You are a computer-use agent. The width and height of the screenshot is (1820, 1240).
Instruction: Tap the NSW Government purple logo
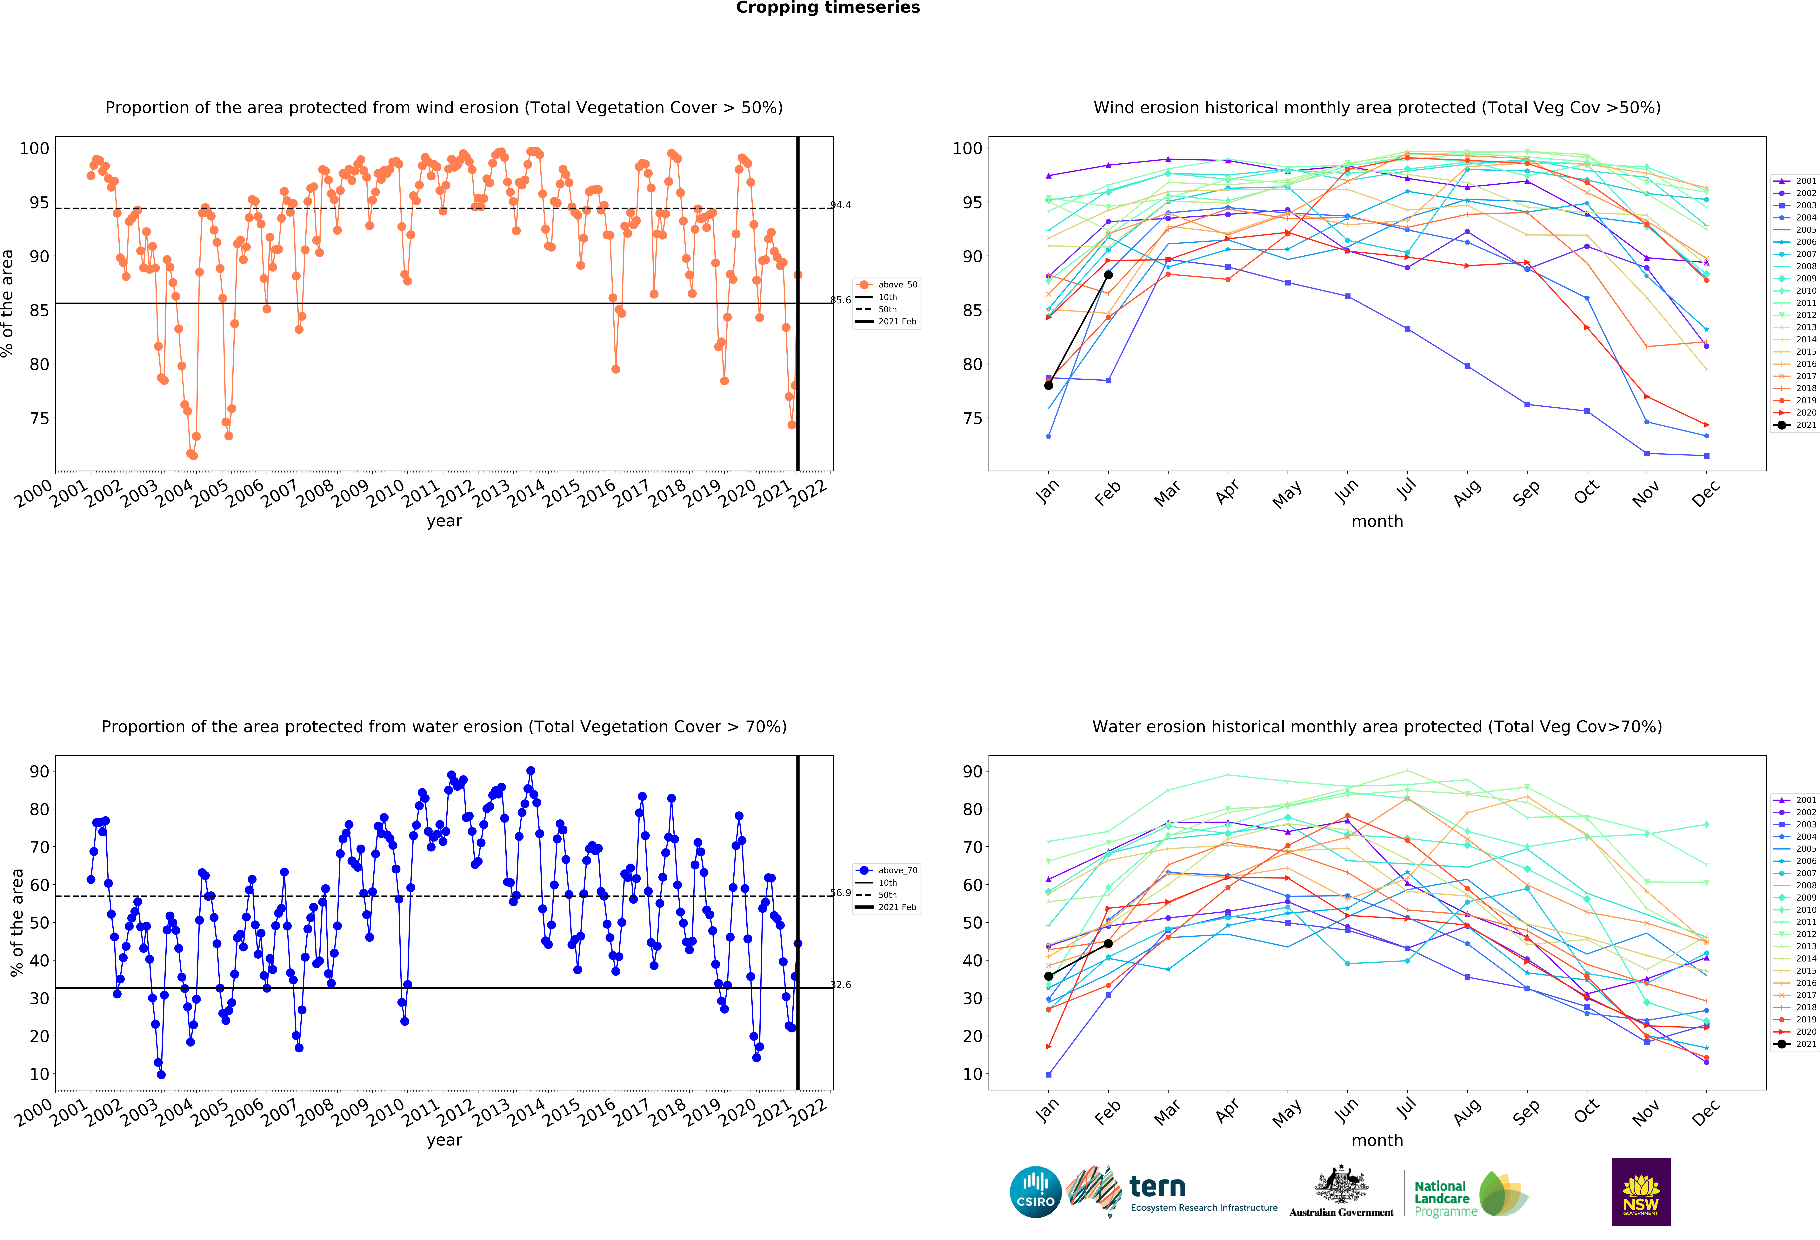point(1641,1191)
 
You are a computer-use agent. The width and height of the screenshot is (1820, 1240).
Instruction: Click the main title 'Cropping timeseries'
point(828,8)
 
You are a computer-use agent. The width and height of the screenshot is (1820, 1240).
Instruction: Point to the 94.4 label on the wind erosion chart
point(840,205)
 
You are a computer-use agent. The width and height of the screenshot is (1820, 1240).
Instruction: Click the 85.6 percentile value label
point(840,300)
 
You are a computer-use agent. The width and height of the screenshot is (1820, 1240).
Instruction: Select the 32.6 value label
point(840,985)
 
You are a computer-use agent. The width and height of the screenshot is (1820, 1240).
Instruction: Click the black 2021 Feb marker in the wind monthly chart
point(1108,275)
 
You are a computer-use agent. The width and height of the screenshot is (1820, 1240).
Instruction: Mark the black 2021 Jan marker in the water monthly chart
point(1049,976)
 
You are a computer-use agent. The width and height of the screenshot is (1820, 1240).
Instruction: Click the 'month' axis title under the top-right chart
point(1377,521)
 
